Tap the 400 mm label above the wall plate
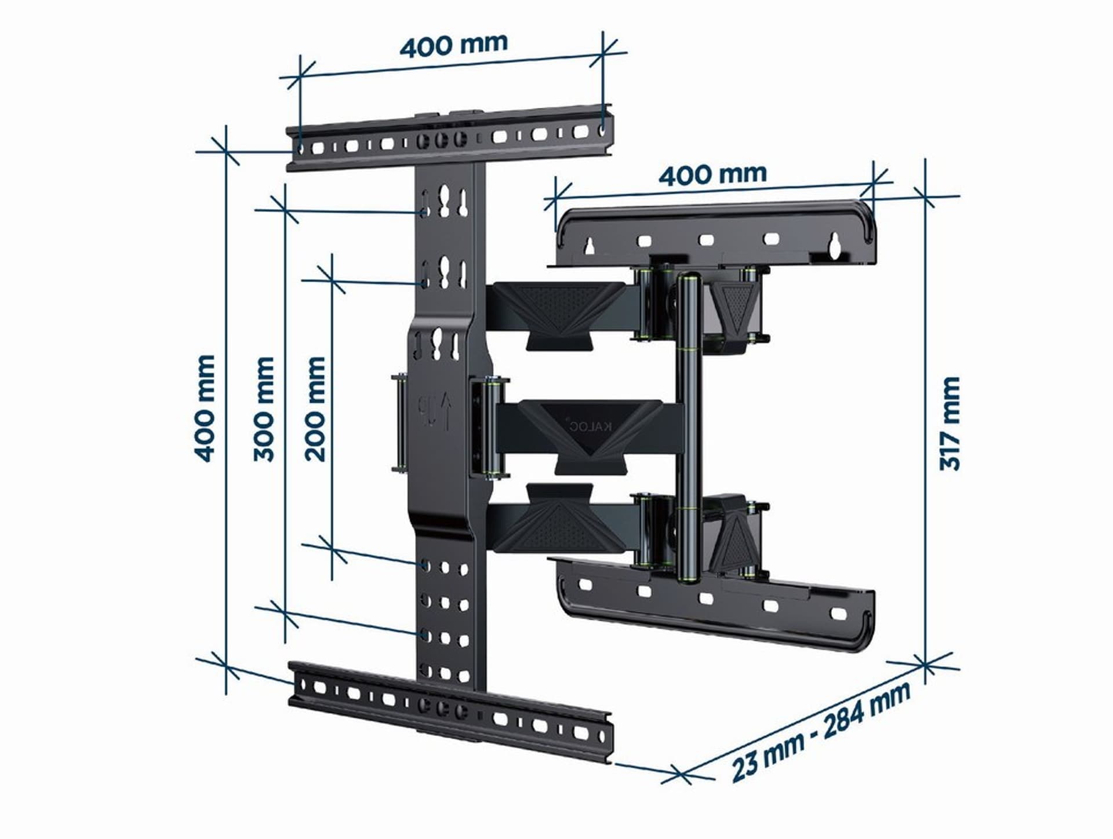click(x=712, y=174)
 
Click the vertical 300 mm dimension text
click(x=264, y=408)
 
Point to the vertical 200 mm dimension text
click(x=315, y=408)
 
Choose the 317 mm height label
click(x=950, y=423)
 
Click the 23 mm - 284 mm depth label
click(x=820, y=731)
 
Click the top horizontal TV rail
click(x=449, y=139)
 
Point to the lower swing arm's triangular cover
click(x=556, y=524)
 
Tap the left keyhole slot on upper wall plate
click(x=590, y=246)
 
